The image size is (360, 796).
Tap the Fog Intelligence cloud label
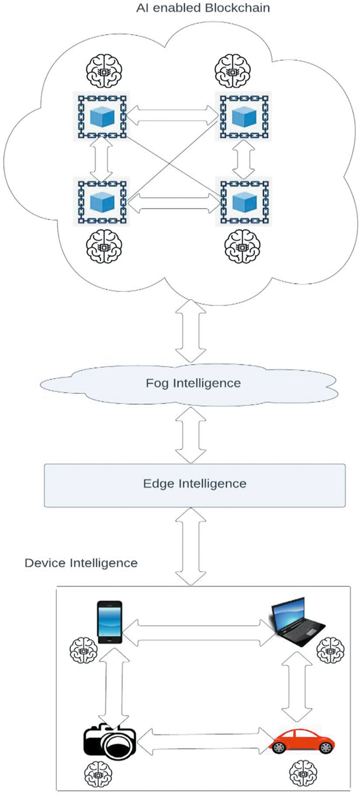193,383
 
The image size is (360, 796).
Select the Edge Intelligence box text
194,483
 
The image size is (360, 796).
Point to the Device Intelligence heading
81,563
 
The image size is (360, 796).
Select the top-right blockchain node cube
242,116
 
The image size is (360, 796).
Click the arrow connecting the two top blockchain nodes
172,116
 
